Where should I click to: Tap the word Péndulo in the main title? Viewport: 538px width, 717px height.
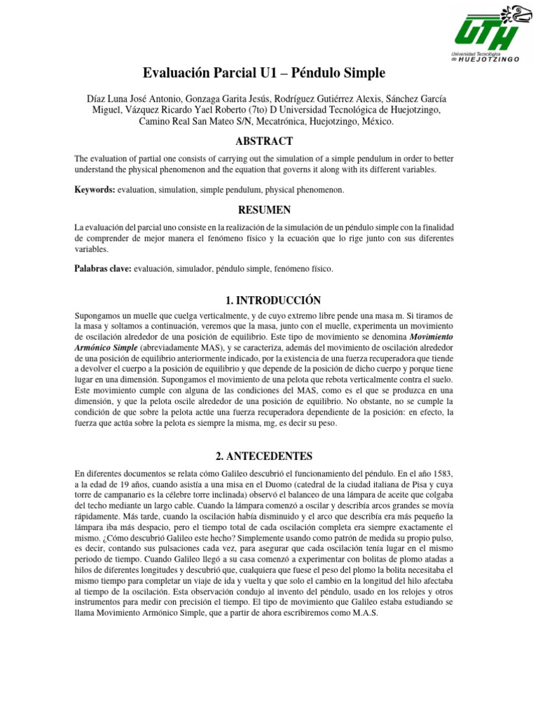tap(317, 73)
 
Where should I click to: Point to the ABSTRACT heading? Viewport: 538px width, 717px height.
tap(269, 141)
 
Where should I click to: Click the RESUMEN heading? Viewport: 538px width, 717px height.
tap(269, 210)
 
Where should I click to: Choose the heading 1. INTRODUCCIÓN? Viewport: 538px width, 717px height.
tap(269, 300)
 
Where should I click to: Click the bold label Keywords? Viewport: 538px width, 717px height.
tap(95, 190)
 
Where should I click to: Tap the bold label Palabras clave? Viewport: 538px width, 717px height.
tap(103, 269)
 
